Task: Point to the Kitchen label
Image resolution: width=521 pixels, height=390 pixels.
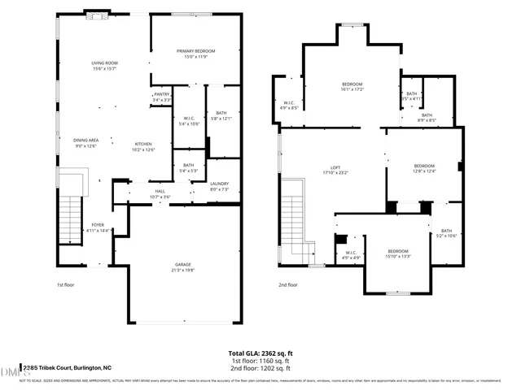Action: point(143,144)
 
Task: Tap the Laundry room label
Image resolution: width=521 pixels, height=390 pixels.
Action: point(219,184)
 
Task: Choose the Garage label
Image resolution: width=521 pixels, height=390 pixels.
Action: point(182,266)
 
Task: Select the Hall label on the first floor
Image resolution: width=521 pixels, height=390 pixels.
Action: point(160,192)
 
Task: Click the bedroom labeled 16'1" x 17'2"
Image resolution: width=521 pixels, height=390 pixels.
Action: point(352,84)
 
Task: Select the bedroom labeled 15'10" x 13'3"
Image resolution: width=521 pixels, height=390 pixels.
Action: point(397,251)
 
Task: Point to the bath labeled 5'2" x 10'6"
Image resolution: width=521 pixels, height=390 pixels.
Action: point(445,232)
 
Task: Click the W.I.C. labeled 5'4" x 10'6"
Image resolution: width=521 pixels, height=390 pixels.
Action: point(188,119)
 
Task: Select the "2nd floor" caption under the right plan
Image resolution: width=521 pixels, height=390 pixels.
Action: point(288,285)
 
